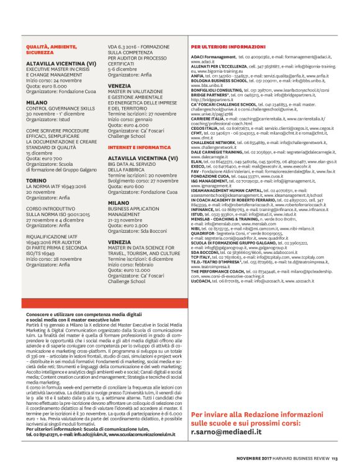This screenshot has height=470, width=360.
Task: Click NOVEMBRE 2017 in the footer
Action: (253, 459)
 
